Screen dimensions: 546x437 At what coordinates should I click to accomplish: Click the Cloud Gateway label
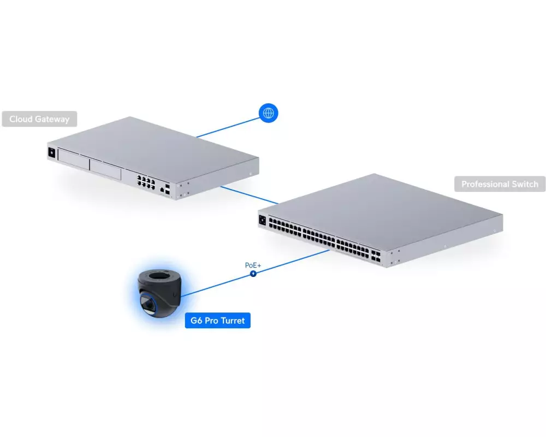39,119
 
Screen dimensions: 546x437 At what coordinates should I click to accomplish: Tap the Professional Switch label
500,184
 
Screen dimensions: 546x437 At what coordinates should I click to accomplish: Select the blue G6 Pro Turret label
218,320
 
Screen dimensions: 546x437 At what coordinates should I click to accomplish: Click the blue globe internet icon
269,113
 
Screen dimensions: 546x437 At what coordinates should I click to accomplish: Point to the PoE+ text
253,265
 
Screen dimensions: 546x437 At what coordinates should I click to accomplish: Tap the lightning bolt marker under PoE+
253,274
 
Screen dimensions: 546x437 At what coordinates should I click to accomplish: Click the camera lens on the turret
149,305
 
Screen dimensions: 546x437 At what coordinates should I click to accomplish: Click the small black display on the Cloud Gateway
52,152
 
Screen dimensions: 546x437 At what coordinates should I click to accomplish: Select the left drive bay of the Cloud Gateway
74,160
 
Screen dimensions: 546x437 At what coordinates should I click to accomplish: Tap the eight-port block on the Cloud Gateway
146,182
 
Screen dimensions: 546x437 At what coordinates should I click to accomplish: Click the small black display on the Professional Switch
262,220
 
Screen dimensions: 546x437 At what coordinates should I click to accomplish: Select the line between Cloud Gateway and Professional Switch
250,195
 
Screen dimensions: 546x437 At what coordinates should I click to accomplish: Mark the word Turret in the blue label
233,320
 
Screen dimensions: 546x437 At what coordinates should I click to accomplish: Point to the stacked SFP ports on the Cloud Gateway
168,189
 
